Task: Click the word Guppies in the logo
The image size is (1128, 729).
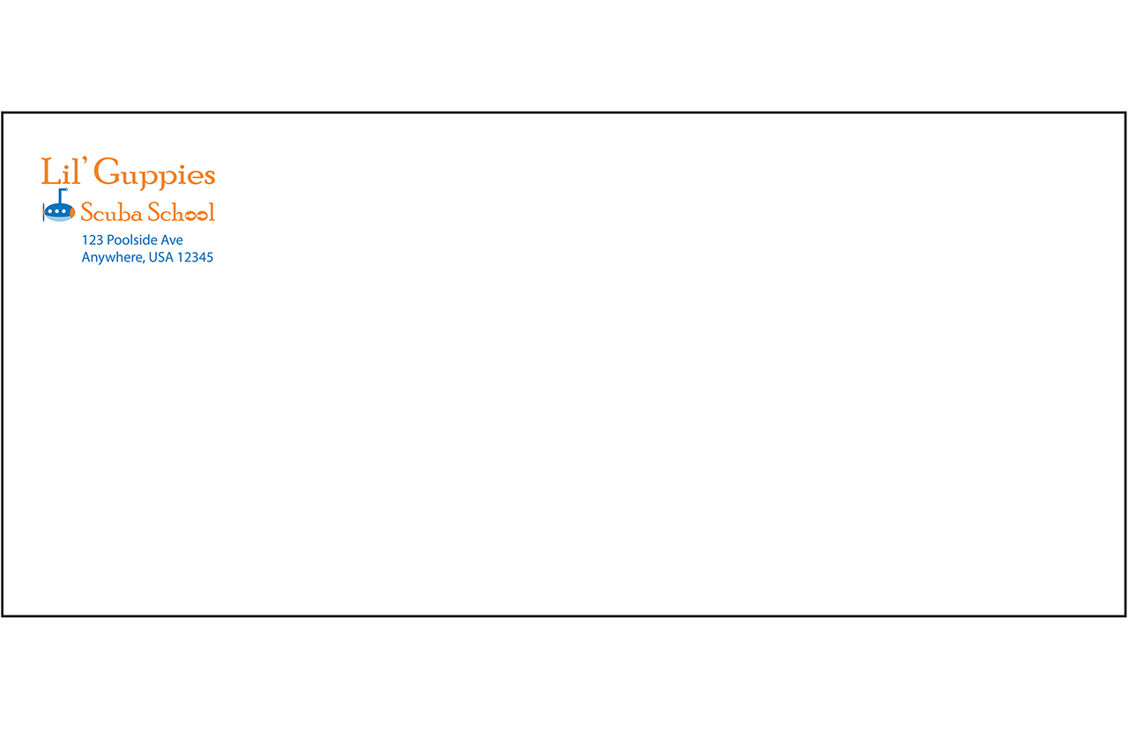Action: tap(154, 173)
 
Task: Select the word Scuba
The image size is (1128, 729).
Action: tap(111, 212)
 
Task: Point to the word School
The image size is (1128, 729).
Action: tap(182, 212)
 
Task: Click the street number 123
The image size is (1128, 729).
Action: tap(93, 240)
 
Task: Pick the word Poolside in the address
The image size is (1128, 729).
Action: tap(132, 239)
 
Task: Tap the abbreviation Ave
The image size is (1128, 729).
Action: tap(172, 240)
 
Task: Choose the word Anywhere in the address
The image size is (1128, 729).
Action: tap(112, 258)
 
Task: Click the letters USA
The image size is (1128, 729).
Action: tap(161, 257)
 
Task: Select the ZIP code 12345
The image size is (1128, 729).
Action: tap(195, 258)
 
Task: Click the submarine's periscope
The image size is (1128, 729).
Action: tap(62, 195)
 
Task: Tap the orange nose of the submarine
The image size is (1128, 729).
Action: tap(72, 211)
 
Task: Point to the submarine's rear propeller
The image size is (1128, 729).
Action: tap(44, 212)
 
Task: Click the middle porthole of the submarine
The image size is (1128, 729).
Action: tap(57, 211)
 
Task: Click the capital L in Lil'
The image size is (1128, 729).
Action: tap(51, 172)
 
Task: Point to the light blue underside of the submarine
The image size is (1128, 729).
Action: tap(58, 218)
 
